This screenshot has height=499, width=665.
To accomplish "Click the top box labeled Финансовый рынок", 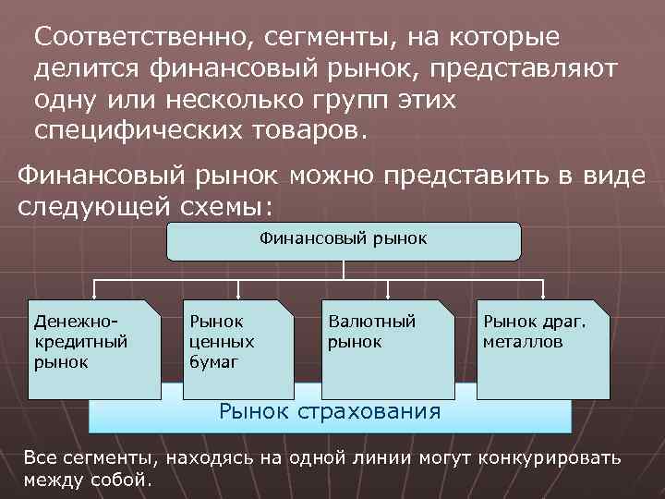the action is click(343, 240).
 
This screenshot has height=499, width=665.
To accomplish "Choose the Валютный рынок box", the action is click(388, 348).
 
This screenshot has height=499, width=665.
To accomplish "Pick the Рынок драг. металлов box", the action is click(544, 348).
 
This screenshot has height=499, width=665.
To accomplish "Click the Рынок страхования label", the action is click(329, 409).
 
